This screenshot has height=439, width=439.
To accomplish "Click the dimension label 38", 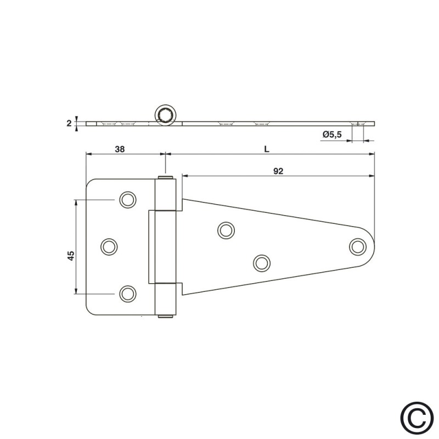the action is (120, 149).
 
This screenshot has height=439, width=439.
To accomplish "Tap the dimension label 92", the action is (278, 171).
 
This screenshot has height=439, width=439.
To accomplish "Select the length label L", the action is (267, 149).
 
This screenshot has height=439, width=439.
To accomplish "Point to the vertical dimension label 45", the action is (71, 256).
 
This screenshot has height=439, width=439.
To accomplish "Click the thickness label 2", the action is (69, 123).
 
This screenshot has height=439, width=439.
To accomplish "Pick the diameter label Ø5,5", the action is (333, 134).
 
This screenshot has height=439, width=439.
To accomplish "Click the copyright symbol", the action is (417, 418).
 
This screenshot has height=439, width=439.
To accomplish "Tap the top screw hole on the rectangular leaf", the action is (128, 200).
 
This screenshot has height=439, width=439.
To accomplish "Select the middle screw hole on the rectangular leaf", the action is (109, 246).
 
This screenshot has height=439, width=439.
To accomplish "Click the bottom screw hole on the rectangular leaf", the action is (128, 294).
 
